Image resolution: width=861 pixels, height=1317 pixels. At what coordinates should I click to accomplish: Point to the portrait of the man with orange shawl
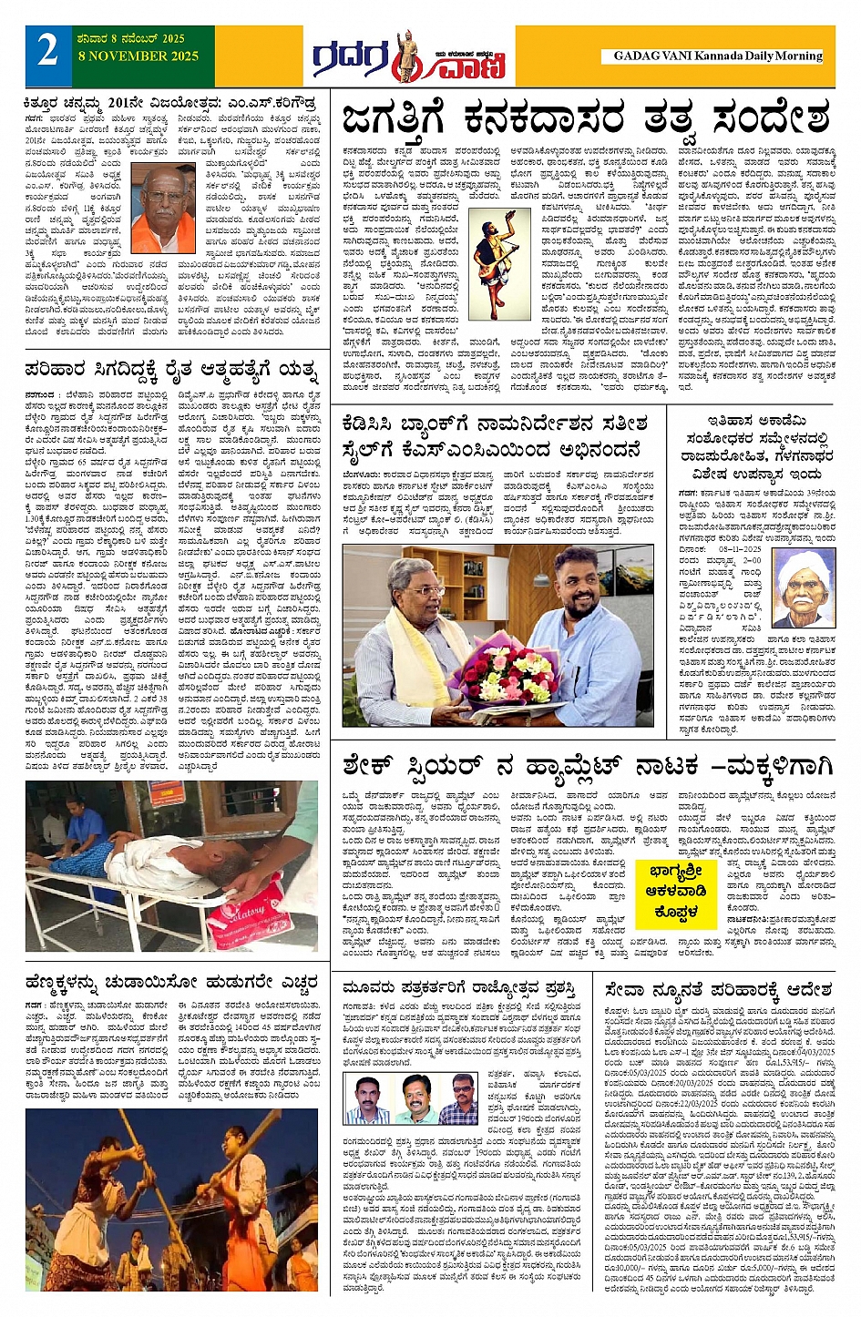pos(164,210)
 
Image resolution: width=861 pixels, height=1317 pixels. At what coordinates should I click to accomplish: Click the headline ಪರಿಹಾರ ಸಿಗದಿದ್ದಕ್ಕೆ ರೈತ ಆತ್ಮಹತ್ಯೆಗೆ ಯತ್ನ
pos(172,371)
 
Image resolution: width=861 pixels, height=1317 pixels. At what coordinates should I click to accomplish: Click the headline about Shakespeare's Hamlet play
pos(588,766)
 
